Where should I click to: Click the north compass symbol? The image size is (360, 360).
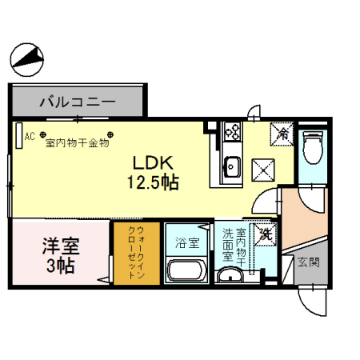[27, 60]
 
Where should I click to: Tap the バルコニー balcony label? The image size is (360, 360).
[78, 102]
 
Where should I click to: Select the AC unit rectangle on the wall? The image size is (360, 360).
[19, 135]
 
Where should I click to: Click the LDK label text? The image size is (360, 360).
[153, 163]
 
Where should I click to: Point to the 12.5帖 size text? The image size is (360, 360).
[153, 182]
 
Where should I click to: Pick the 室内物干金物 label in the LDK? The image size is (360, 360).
[78, 143]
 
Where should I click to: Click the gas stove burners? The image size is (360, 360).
[233, 131]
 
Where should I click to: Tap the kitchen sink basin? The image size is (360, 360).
[232, 166]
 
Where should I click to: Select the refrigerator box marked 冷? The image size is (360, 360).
[282, 134]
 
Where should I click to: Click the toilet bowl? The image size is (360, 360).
[313, 147]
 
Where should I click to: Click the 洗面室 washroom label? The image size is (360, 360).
[228, 245]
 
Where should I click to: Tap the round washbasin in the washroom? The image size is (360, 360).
[230, 275]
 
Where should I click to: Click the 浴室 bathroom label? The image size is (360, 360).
[187, 242]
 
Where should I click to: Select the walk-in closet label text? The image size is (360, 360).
[137, 252]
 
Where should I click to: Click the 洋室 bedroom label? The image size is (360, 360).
[61, 246]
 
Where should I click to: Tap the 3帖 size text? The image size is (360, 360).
[61, 266]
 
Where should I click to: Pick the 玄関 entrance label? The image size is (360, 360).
[309, 262]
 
